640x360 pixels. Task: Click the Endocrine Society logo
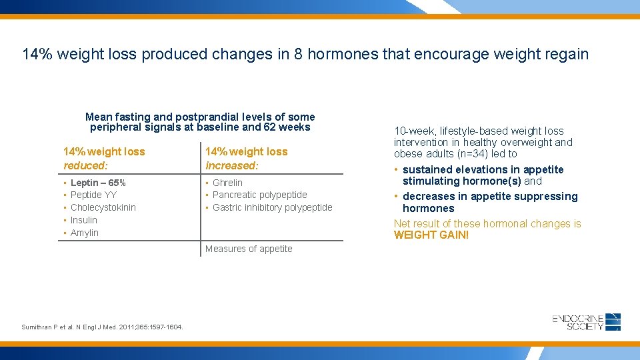[586, 322]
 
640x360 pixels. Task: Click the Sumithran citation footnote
[103, 327]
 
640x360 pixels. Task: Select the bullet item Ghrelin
[227, 183]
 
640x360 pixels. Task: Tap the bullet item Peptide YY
[93, 195]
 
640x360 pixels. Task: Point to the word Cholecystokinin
[103, 207]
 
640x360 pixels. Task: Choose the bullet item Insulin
[84, 220]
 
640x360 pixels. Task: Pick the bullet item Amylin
[84, 233]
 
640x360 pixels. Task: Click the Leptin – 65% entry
[98, 183]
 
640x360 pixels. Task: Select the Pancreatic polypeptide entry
[259, 195]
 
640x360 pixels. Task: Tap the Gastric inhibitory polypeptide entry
[272, 207]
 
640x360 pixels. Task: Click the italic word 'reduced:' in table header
[85, 165]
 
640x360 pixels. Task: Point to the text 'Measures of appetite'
[249, 249]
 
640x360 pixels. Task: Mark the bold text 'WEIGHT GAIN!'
[431, 235]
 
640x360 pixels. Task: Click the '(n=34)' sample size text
[471, 154]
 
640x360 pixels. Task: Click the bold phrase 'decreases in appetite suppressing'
[490, 197]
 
